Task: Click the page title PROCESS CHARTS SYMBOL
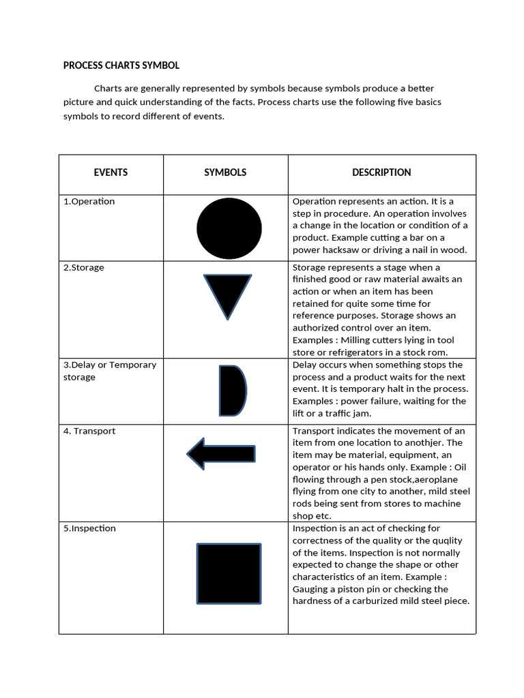coord(121,65)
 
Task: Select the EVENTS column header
coord(111,172)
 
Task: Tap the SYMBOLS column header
coord(225,172)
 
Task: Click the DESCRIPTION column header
coord(381,172)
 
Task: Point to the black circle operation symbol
coord(229,228)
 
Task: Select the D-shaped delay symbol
coord(231,391)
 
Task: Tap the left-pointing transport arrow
coord(221,454)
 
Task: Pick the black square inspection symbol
coord(229,573)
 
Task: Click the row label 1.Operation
coord(89,202)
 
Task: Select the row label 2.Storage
coord(84,268)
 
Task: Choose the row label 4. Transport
coord(89,431)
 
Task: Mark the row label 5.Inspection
coord(89,528)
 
